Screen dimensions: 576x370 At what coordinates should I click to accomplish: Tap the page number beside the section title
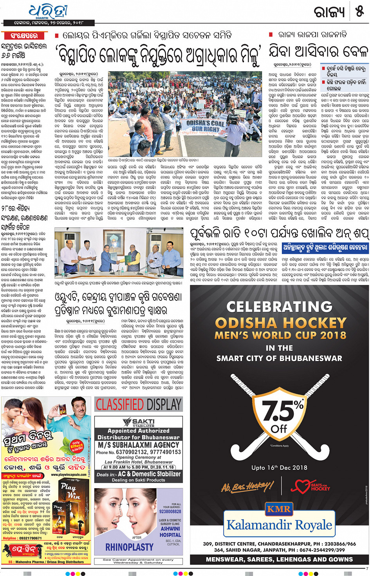359,12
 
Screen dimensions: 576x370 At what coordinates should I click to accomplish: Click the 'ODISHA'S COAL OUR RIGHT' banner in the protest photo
205,126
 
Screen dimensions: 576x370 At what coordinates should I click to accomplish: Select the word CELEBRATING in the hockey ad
279,307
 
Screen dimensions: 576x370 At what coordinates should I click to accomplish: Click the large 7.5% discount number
281,411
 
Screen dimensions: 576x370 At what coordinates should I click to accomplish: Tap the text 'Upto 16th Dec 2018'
279,468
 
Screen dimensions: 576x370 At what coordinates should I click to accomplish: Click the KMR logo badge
279,509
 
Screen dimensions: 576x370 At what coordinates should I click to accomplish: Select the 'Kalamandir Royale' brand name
279,525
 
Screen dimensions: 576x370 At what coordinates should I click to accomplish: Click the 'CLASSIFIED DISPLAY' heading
139,404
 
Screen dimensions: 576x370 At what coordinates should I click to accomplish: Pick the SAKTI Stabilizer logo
139,422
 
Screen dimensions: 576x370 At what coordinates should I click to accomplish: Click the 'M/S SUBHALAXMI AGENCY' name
139,445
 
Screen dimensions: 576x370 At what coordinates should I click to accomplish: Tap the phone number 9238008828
170,511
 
